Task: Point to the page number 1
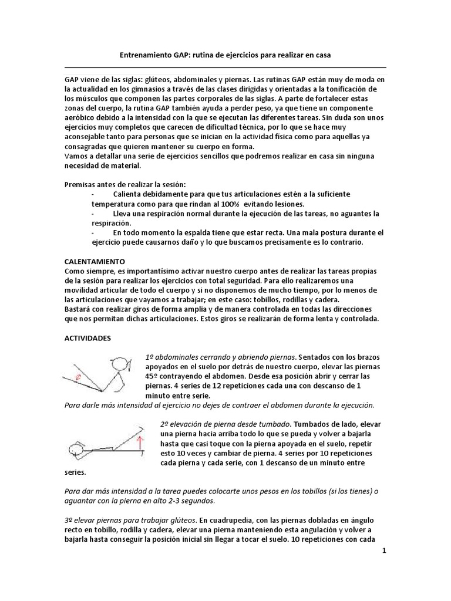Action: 383,552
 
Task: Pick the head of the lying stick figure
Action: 77,451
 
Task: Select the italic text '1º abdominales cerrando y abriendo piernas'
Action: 221,357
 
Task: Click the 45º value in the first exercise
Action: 151,376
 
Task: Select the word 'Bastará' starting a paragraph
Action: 78,309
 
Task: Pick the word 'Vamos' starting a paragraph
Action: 75,156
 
